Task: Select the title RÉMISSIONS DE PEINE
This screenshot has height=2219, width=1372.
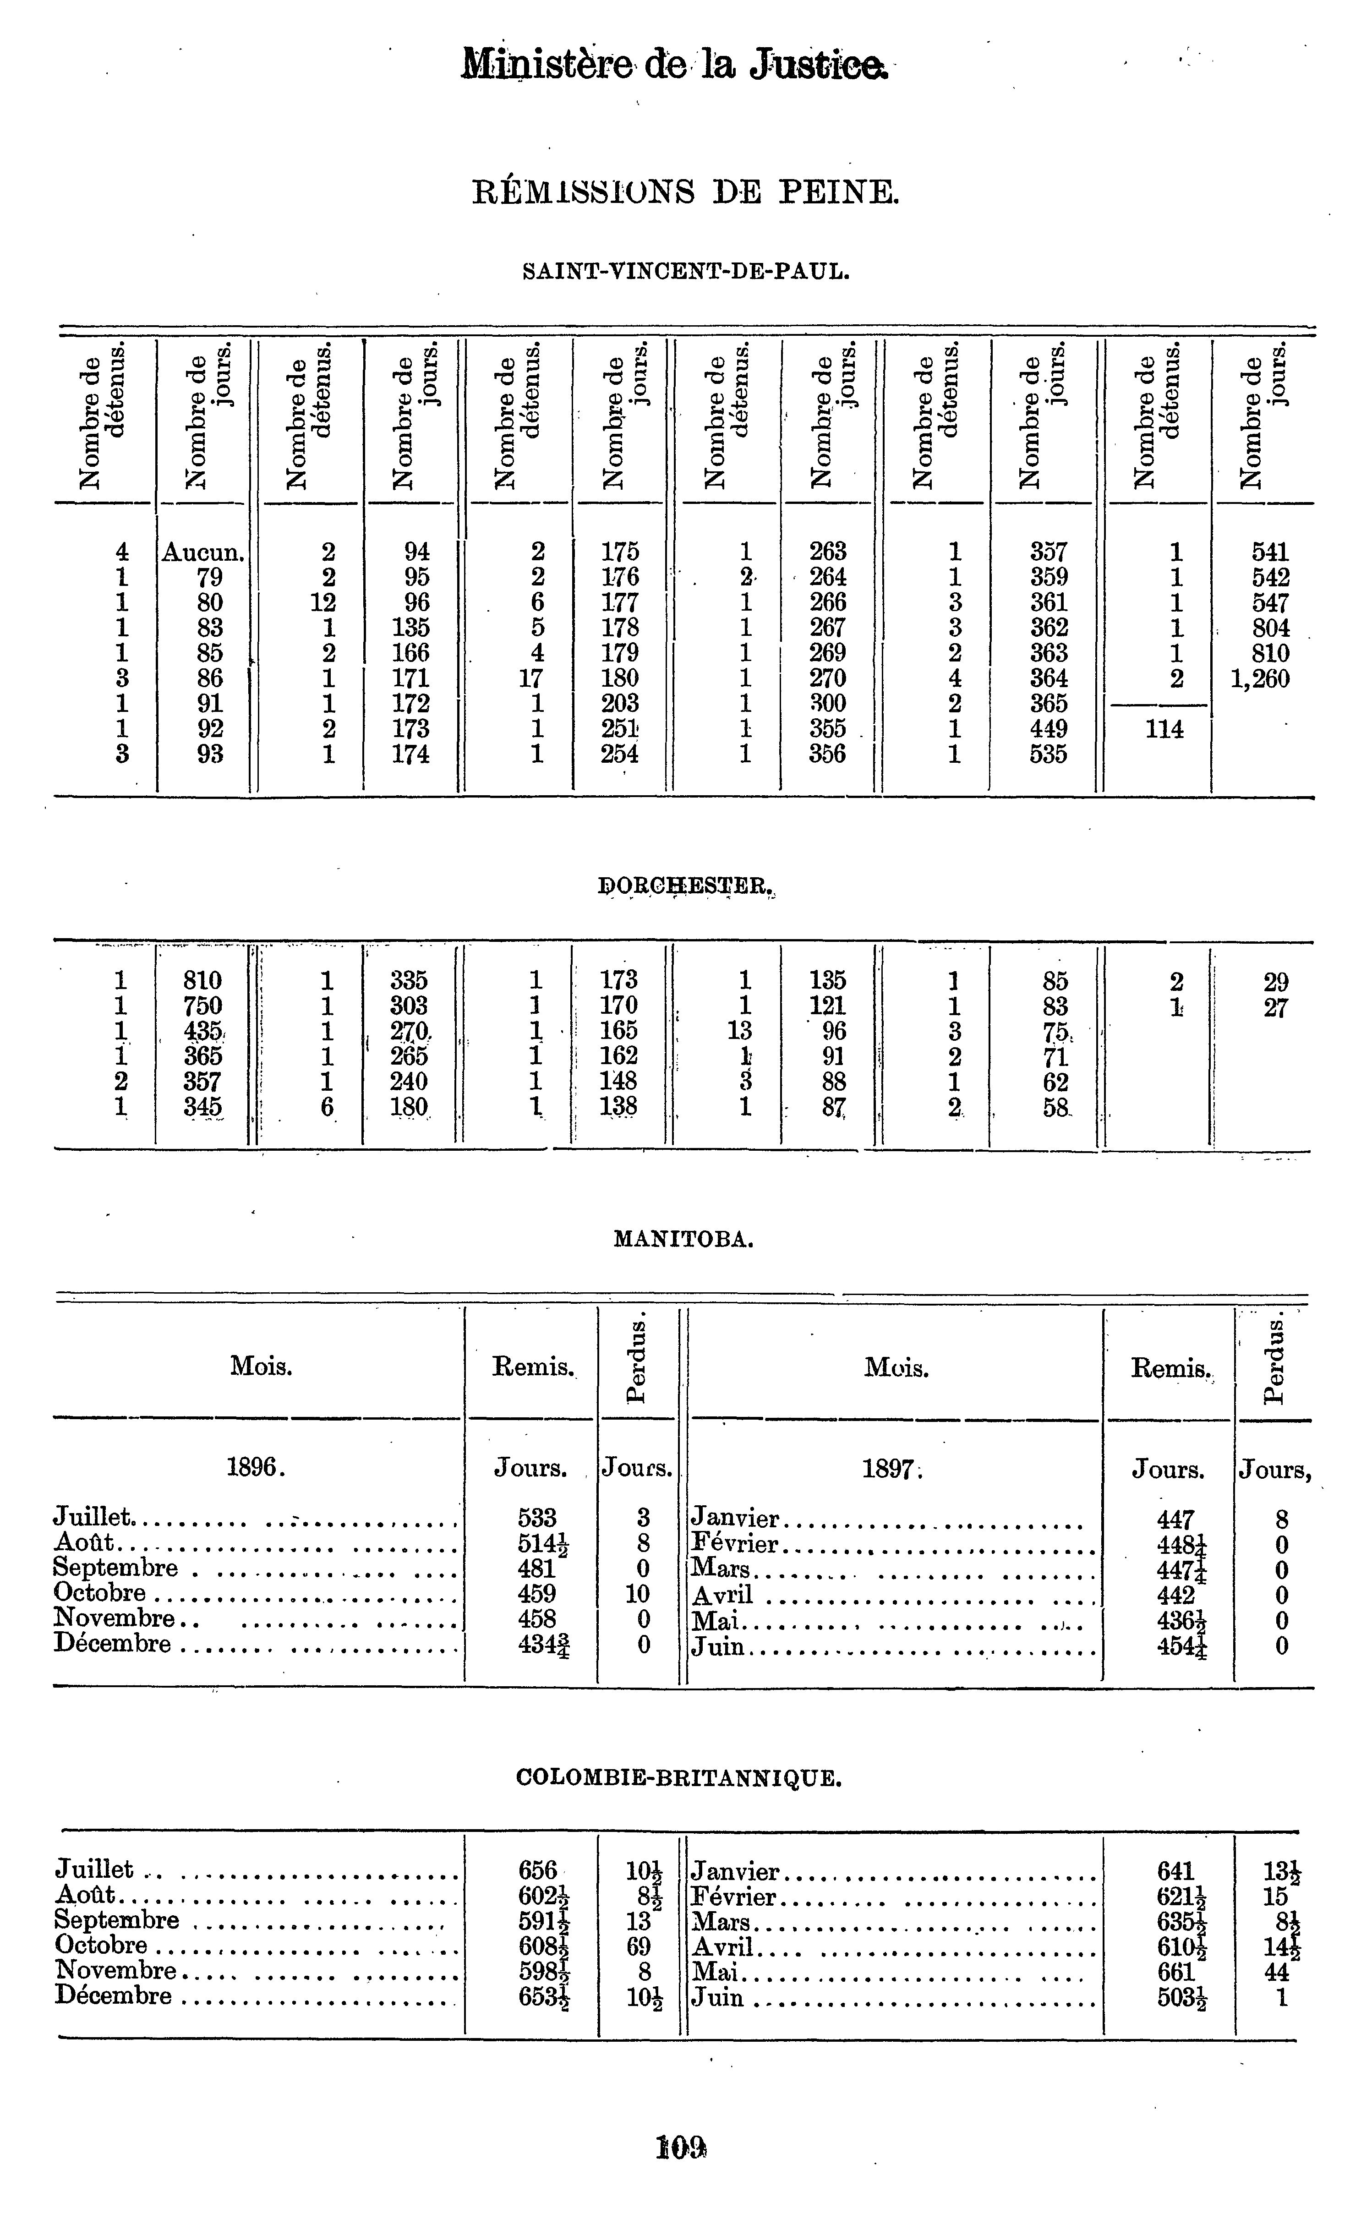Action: pos(685,192)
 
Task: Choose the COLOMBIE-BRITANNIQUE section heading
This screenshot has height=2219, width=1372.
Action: pos(679,1779)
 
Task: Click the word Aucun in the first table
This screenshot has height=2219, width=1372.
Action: pos(202,552)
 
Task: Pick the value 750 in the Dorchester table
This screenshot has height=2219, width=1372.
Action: pos(202,1005)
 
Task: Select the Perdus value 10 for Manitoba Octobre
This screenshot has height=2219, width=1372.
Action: pos(638,1594)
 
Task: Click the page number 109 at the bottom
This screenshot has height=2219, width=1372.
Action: pos(681,2148)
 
